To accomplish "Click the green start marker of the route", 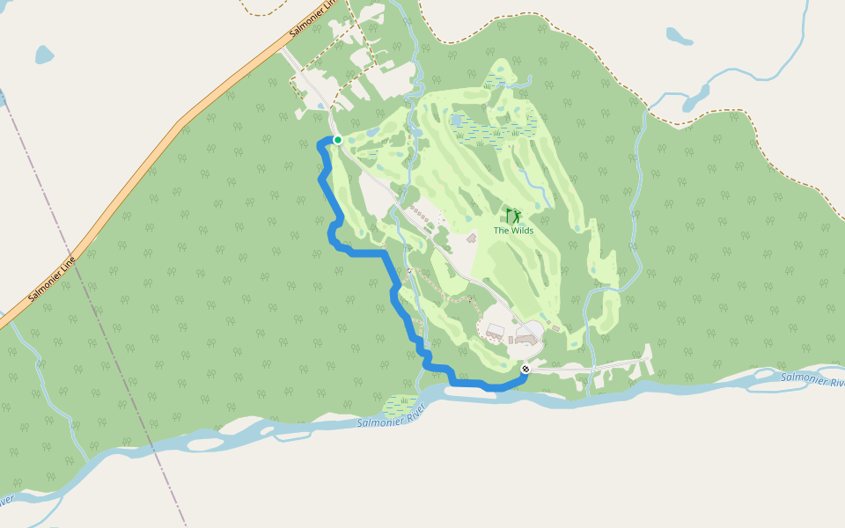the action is point(337,140).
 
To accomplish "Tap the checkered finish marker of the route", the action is point(525,369).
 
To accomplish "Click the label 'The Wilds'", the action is point(513,231).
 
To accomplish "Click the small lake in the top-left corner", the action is point(45,55).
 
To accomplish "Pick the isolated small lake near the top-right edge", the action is point(679,36).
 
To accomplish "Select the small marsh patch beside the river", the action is point(400,406).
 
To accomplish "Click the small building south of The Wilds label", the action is point(471,238).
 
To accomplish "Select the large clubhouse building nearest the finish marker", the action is point(526,338).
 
